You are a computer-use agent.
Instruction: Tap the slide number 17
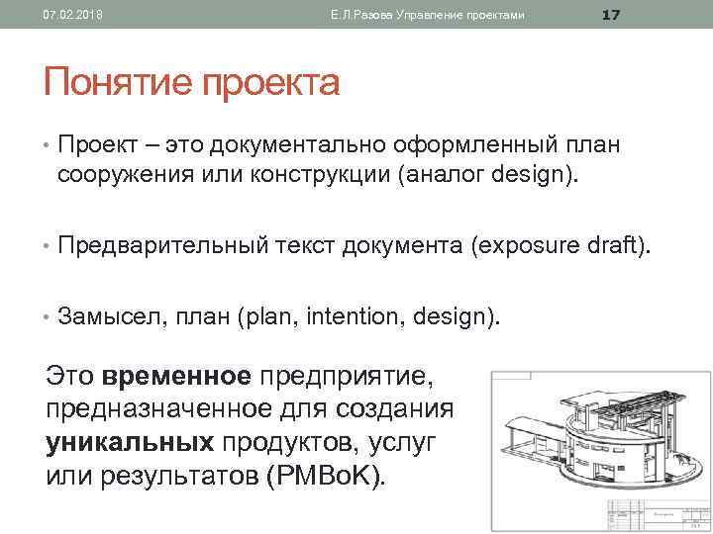coord(611,14)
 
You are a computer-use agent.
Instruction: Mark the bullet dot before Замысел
coord(47,317)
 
